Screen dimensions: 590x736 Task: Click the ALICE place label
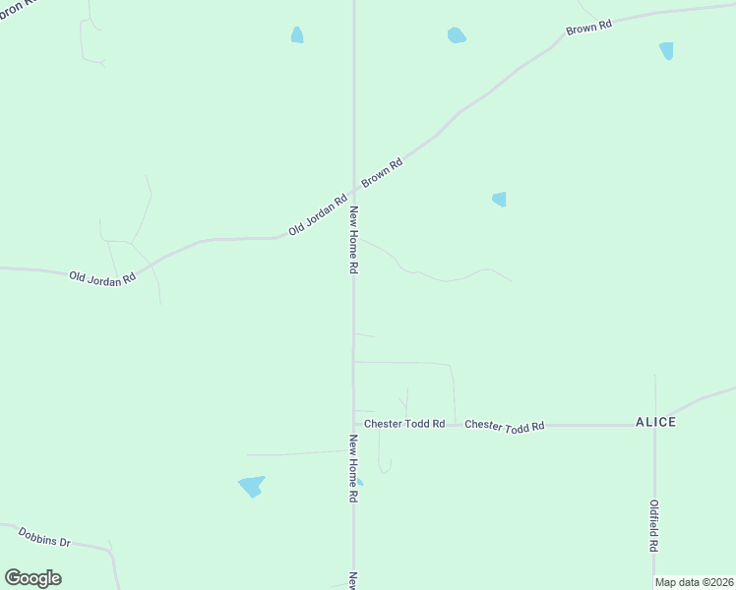coord(655,422)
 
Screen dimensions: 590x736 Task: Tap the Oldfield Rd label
coord(653,525)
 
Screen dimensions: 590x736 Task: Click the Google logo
coord(32,578)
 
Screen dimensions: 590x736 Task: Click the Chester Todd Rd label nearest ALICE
coord(504,426)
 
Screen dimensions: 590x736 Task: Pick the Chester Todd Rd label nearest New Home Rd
coord(404,424)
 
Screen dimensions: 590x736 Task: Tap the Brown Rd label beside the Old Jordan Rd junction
coord(382,173)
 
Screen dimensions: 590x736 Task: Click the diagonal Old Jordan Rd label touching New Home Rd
coord(318,214)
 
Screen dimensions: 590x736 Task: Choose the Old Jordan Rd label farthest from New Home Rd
coord(101,279)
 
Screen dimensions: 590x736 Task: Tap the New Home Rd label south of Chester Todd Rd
coord(351,469)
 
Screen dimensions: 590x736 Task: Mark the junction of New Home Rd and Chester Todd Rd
coord(353,425)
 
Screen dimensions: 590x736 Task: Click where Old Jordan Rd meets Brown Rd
coord(353,191)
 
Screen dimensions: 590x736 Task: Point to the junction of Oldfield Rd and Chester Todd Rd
coord(654,425)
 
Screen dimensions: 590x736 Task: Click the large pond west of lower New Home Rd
coord(252,486)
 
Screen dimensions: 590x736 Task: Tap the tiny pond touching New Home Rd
coord(359,482)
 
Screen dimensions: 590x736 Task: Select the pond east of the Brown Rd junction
coord(499,199)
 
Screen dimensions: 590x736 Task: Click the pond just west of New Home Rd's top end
coord(296,35)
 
